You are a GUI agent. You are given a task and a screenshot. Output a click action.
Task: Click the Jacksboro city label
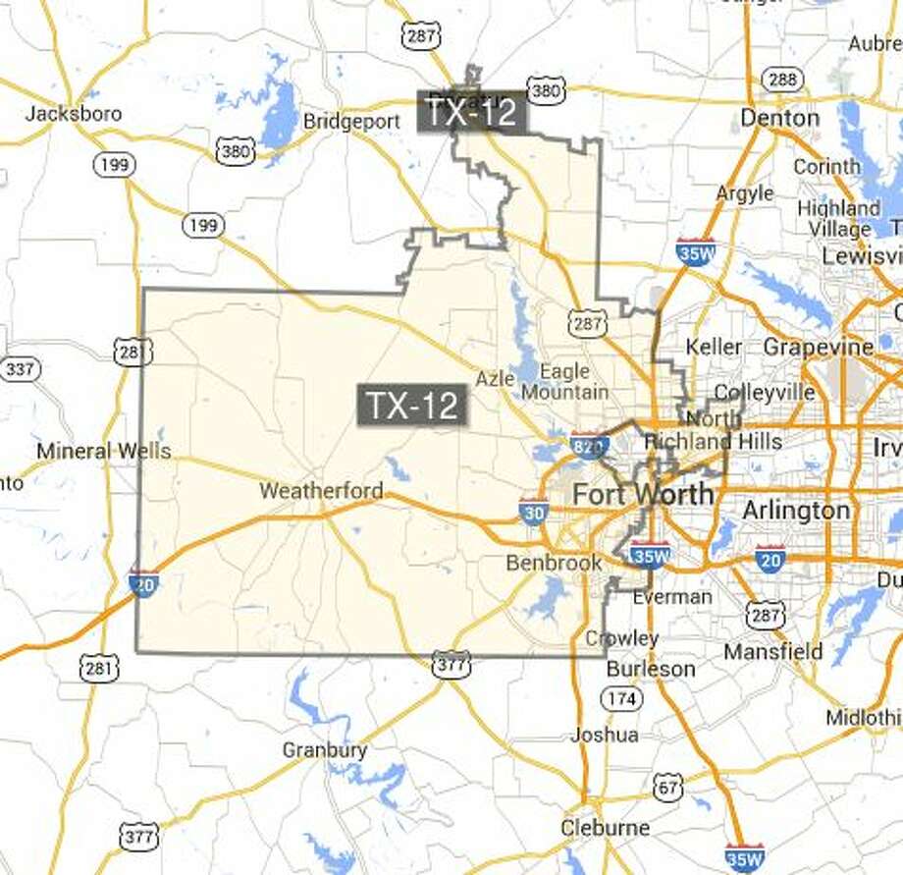click(x=74, y=113)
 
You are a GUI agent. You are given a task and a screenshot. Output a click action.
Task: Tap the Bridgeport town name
click(x=351, y=121)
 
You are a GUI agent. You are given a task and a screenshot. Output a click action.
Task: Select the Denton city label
click(x=780, y=118)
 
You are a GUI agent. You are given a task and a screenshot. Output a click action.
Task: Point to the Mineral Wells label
click(x=104, y=451)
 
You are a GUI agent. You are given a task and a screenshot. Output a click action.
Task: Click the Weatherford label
click(x=321, y=489)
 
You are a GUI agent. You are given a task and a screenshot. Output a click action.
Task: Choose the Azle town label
click(x=495, y=378)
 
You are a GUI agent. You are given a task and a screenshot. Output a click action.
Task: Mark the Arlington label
click(x=796, y=510)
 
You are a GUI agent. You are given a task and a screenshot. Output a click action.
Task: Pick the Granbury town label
click(x=324, y=750)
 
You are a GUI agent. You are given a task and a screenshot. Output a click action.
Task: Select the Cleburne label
click(x=606, y=828)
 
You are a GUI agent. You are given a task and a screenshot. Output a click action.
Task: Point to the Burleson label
click(x=651, y=668)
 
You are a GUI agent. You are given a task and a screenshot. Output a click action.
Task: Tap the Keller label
click(x=715, y=347)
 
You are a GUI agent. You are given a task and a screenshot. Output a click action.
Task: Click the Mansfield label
click(x=773, y=651)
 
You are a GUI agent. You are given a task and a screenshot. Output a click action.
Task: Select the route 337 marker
click(x=18, y=369)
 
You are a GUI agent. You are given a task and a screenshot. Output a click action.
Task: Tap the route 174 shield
click(x=624, y=698)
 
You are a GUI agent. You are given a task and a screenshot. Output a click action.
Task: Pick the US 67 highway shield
click(x=668, y=786)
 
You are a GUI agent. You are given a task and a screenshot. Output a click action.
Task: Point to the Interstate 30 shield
click(x=534, y=511)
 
